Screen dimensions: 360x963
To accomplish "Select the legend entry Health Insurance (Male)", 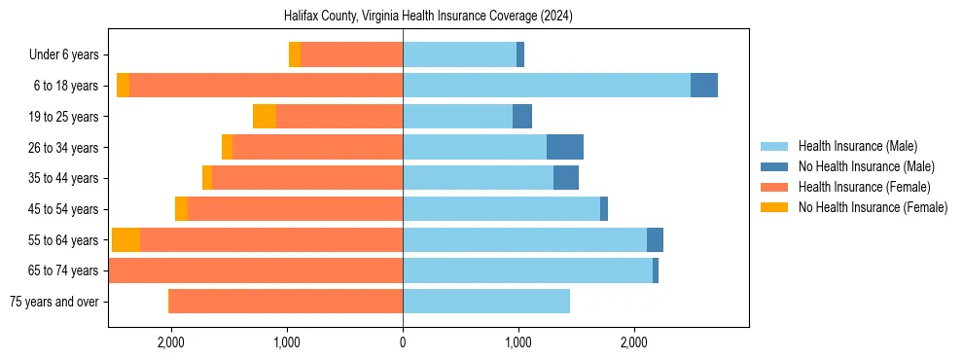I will (857, 146).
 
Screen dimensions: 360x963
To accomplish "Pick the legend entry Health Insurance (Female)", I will (864, 187).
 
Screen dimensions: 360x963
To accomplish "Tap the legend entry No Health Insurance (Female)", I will (873, 207).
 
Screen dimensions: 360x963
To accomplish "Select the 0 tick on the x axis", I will (403, 342).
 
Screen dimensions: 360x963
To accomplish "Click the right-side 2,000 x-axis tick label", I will (633, 342).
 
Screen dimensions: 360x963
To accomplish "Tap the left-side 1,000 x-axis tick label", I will (287, 342).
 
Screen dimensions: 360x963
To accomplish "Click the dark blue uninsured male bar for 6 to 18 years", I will (704, 86).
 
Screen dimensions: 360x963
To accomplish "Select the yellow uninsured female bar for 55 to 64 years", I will (125, 240).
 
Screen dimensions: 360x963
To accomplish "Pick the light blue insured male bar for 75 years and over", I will (486, 302).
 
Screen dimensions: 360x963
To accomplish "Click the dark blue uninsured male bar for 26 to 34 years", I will (565, 148).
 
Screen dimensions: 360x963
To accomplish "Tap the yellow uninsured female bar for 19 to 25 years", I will (265, 117).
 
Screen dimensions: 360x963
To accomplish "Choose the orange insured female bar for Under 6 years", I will (351, 55).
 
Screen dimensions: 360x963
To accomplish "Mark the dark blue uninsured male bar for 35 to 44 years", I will (566, 178).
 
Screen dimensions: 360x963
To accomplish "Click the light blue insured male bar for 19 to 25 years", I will (457, 117).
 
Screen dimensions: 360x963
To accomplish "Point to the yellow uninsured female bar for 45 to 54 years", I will (181, 209).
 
